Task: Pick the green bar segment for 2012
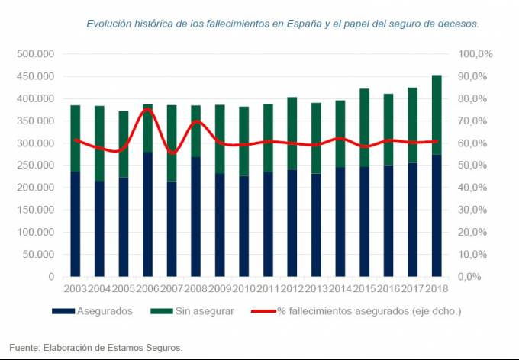292,133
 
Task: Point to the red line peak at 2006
147,110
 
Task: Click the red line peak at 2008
196,121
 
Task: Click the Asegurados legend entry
92,310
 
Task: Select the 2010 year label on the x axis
243,289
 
